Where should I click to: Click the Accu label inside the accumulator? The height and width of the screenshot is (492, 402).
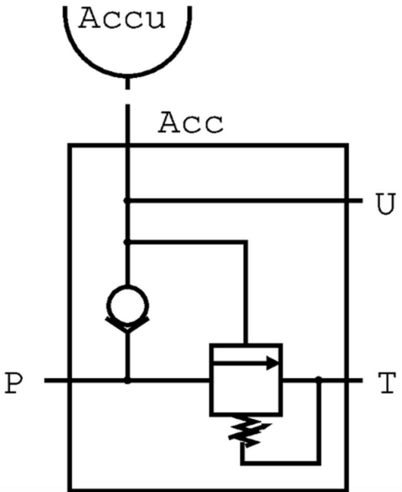pyautogui.click(x=121, y=18)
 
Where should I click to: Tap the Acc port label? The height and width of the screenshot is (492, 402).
pyautogui.click(x=191, y=123)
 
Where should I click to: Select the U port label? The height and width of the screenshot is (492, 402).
pyautogui.click(x=386, y=204)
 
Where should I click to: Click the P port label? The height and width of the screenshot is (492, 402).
pyautogui.click(x=15, y=384)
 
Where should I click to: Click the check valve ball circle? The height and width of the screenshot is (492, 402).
pyautogui.click(x=127, y=305)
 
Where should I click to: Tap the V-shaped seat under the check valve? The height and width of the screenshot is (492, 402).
pyautogui.click(x=127, y=326)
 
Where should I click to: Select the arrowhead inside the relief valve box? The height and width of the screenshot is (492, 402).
pyautogui.click(x=272, y=363)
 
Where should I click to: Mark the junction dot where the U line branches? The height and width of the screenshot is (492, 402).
pyautogui.click(x=127, y=201)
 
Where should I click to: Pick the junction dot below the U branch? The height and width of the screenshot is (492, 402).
pyautogui.click(x=127, y=242)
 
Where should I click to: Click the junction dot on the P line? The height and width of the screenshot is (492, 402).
pyautogui.click(x=127, y=380)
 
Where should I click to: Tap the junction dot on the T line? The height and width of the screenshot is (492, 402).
pyautogui.click(x=318, y=380)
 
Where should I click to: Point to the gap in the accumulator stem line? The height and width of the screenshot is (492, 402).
pyautogui.click(x=127, y=97)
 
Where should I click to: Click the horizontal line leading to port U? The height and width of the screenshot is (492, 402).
pyautogui.click(x=244, y=201)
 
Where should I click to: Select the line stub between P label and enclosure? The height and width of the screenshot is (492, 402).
pyautogui.click(x=57, y=380)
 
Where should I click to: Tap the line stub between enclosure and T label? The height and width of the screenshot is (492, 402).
pyautogui.click(x=356, y=380)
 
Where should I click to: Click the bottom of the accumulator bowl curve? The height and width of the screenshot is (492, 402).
pyautogui.click(x=127, y=76)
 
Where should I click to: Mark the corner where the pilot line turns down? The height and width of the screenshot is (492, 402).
pyautogui.click(x=246, y=242)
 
